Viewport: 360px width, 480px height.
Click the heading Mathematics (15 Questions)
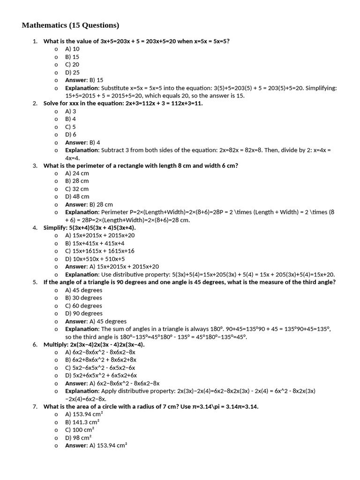[70, 25]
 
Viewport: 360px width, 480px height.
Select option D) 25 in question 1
[73, 72]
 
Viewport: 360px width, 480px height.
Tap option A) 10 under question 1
[73, 49]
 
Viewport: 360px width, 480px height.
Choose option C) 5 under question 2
[71, 127]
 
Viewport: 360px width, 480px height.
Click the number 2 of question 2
[35, 103]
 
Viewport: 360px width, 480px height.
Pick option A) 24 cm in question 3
[77, 173]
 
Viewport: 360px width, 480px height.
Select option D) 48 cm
[77, 196]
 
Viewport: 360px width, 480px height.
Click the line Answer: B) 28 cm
[89, 204]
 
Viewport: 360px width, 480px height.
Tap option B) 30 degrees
[83, 298]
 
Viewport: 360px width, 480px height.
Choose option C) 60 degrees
[83, 306]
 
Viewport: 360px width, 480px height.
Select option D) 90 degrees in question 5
[83, 313]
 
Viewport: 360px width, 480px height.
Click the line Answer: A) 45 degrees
[96, 321]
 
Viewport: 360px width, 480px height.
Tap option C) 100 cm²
[80, 430]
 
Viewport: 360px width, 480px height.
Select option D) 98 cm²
[78, 438]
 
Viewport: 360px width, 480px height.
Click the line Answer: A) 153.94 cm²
[97, 445]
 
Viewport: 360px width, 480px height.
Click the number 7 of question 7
[35, 406]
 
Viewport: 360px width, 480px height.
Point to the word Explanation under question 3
[82, 212]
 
